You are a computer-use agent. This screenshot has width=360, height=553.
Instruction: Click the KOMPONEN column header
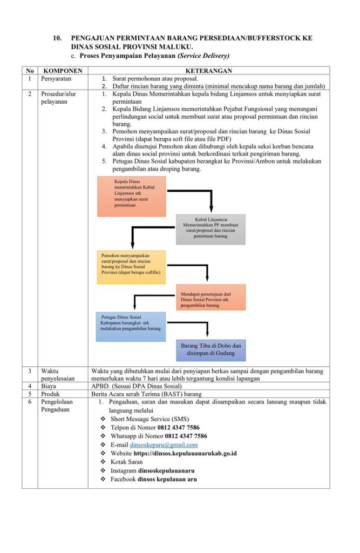[63, 71]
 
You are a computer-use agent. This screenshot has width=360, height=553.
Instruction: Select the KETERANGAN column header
[209, 71]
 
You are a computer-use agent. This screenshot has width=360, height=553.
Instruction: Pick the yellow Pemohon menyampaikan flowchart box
[131, 267]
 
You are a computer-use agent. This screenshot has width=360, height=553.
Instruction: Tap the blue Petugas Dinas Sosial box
[130, 327]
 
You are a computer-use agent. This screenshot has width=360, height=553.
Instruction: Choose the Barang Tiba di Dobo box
[211, 350]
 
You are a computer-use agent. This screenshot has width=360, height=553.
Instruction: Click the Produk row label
[51, 394]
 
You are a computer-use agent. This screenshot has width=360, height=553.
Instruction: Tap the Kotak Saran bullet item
[126, 462]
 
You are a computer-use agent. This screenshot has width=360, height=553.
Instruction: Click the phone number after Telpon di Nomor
[179, 427]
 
